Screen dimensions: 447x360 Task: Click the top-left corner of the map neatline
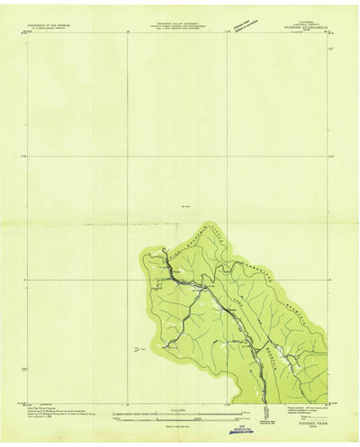coord(28,35)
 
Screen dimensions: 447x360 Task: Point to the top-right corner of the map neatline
coord(327,35)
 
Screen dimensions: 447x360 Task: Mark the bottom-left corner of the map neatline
coord(28,402)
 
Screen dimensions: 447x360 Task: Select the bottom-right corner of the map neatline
coord(327,402)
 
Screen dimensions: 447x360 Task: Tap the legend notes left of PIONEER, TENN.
coord(270,410)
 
